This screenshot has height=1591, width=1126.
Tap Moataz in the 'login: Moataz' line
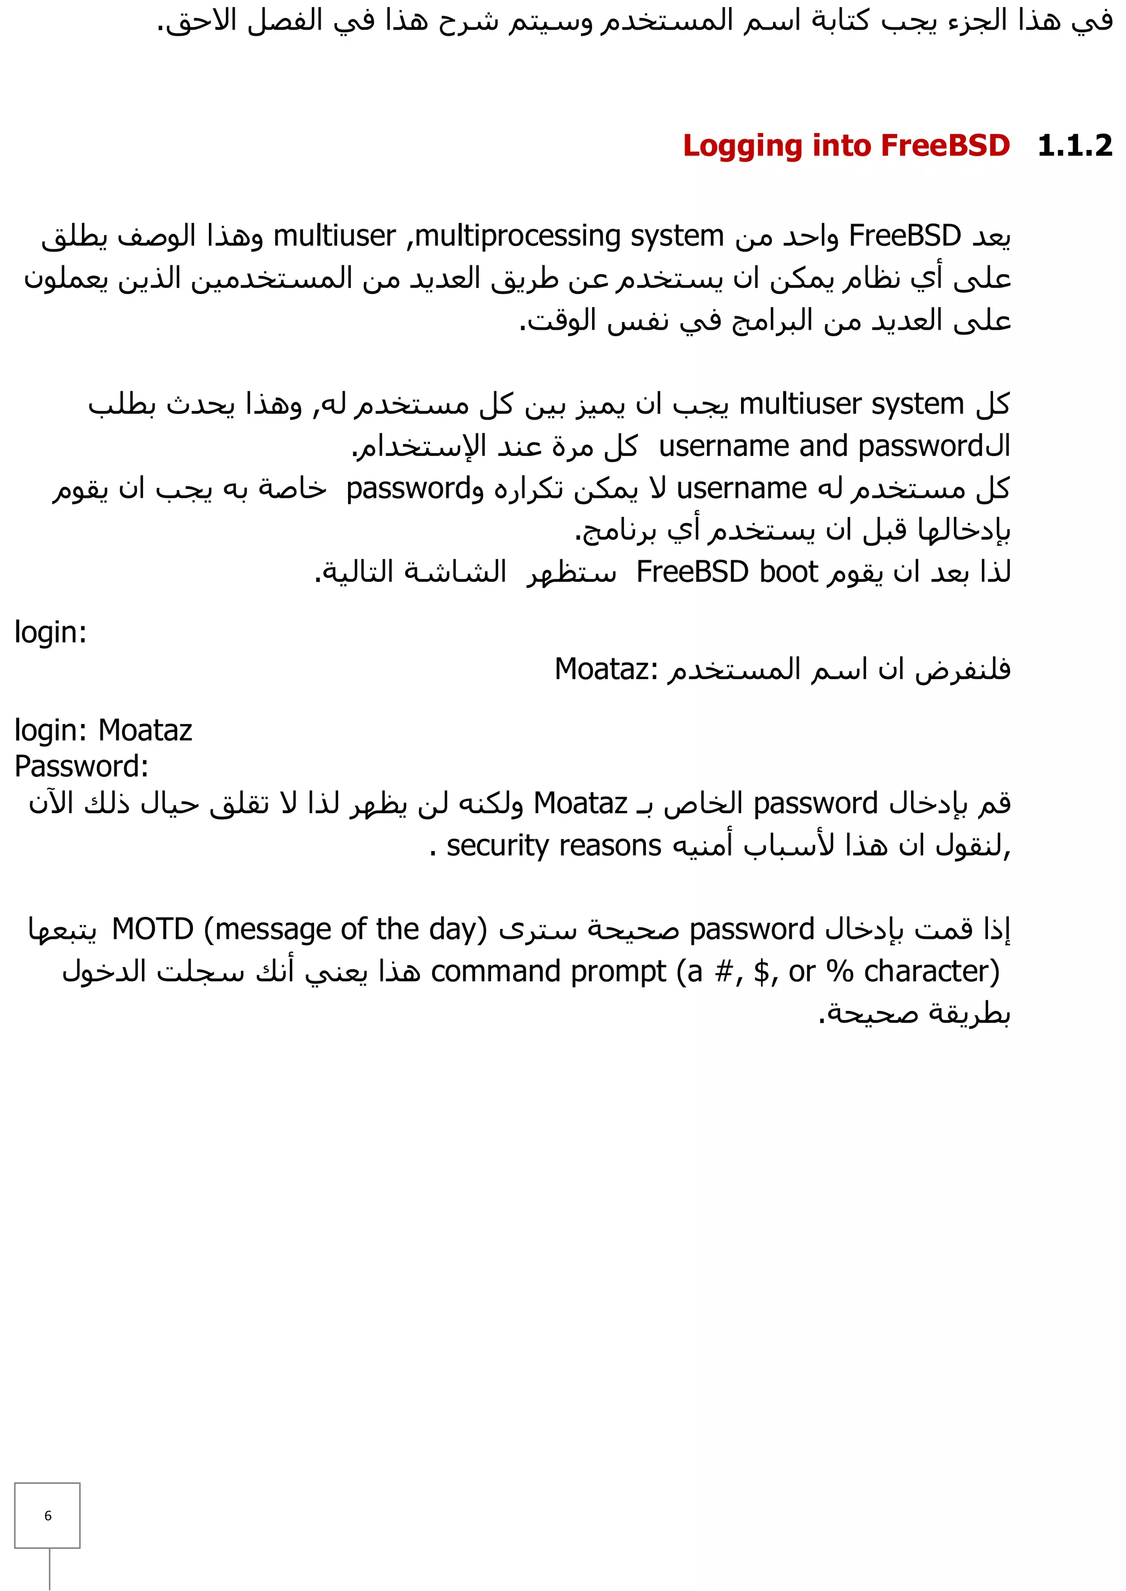tap(145, 730)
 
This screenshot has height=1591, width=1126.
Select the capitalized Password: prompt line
tap(82, 767)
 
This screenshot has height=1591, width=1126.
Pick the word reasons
tap(610, 847)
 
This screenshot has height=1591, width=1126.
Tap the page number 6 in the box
tap(48, 1516)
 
